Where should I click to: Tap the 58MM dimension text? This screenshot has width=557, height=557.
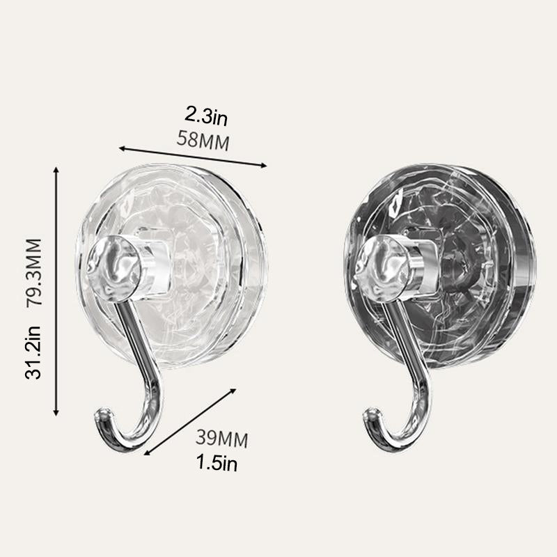tap(204, 139)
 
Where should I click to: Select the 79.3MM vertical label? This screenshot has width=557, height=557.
tap(33, 272)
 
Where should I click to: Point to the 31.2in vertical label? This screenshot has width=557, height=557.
tap(33, 352)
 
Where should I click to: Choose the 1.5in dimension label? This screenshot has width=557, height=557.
tap(216, 462)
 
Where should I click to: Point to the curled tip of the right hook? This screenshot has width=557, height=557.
tap(370, 419)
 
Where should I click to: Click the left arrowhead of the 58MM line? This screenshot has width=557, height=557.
tap(121, 148)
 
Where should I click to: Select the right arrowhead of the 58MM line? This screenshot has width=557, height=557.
tap(265, 165)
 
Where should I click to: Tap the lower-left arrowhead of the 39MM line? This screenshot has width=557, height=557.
tap(147, 453)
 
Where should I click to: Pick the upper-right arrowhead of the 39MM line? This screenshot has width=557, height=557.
tap(235, 391)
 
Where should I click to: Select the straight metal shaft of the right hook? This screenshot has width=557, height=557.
tap(403, 334)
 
